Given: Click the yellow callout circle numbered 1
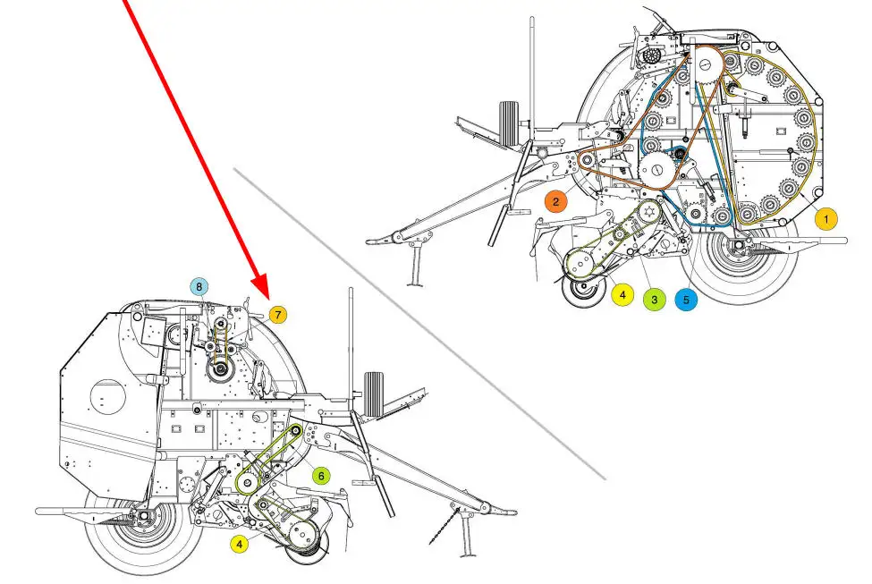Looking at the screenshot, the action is pyautogui.click(x=825, y=219).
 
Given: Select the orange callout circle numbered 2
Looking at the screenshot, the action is pyautogui.click(x=555, y=201).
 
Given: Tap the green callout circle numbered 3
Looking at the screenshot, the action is pyautogui.click(x=654, y=300).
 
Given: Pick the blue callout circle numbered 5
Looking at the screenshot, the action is pyautogui.click(x=686, y=300).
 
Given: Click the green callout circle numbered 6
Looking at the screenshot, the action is pyautogui.click(x=321, y=476).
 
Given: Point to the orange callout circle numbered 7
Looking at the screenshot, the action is pyautogui.click(x=278, y=315).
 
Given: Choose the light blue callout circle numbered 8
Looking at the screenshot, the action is pyautogui.click(x=199, y=287).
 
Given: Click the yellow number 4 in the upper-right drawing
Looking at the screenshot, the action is pyautogui.click(x=622, y=294).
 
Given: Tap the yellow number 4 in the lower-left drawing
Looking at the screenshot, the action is pyautogui.click(x=240, y=544).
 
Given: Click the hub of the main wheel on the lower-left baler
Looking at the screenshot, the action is pyautogui.click(x=145, y=517).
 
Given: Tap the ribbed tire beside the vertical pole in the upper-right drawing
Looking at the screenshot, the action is pyautogui.click(x=509, y=123).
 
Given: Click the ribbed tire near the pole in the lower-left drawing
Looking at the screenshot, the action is pyautogui.click(x=374, y=394).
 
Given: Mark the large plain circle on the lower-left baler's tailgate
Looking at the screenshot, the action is pyautogui.click(x=108, y=396).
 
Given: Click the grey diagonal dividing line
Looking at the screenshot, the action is pyautogui.click(x=419, y=324).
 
